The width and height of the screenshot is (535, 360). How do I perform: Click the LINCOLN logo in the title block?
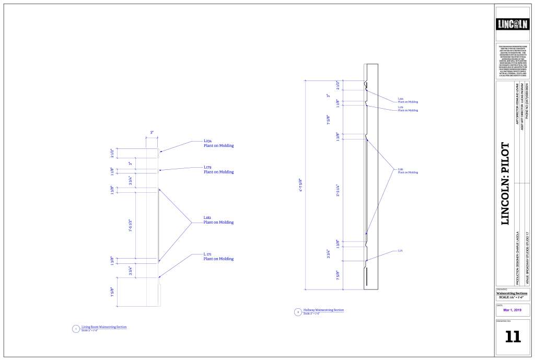point(514,24)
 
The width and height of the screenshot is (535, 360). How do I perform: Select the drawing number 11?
point(513,336)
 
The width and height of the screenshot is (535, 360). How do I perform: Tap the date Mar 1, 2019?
point(513,310)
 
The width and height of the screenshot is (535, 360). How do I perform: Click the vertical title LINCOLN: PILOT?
point(505,183)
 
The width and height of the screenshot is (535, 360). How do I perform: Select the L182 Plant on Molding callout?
point(218,220)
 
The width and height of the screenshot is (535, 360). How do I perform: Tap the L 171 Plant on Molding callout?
point(218,257)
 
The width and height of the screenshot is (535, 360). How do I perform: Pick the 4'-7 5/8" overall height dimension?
point(301,186)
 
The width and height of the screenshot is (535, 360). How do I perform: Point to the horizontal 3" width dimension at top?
point(152,133)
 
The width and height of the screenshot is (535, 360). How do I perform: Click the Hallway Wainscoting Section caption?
point(323,310)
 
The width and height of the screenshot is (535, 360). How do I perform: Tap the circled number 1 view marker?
point(76,329)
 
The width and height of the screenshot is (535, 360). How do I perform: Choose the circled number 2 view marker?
point(298,312)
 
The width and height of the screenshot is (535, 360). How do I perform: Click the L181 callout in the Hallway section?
point(408,170)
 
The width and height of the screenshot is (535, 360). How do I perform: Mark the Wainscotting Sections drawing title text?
point(511,293)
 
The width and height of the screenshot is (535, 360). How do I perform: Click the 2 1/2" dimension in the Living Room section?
point(112,153)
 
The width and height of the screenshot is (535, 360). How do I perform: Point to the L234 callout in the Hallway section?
point(408,100)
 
